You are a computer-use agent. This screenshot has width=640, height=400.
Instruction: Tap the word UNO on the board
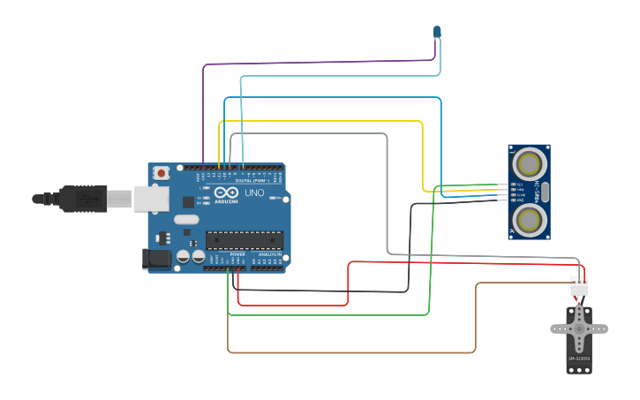click(x=254, y=192)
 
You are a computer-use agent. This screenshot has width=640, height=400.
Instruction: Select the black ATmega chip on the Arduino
click(x=245, y=239)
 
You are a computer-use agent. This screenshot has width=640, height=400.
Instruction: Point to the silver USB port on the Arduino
click(x=151, y=199)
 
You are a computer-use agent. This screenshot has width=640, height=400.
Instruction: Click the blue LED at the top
click(x=436, y=32)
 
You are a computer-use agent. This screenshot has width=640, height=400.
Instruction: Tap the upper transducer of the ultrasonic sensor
click(x=528, y=163)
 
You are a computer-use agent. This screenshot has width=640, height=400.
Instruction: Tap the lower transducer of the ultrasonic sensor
click(x=528, y=218)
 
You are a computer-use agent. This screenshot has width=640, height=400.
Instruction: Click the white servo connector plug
click(x=579, y=288)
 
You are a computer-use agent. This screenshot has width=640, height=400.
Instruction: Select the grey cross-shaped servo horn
click(x=579, y=328)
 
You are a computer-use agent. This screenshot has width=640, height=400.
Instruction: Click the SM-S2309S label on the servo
click(x=579, y=358)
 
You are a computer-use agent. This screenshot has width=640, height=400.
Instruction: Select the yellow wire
click(x=318, y=121)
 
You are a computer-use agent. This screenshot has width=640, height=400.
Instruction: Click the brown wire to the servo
click(x=353, y=352)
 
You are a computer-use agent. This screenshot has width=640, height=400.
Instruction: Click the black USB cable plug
click(x=84, y=199)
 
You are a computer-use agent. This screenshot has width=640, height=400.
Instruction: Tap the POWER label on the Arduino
click(x=237, y=254)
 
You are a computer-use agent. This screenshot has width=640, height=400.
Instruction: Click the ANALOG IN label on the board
click(x=269, y=254)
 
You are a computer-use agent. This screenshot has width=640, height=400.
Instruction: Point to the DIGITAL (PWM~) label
click(x=250, y=181)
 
